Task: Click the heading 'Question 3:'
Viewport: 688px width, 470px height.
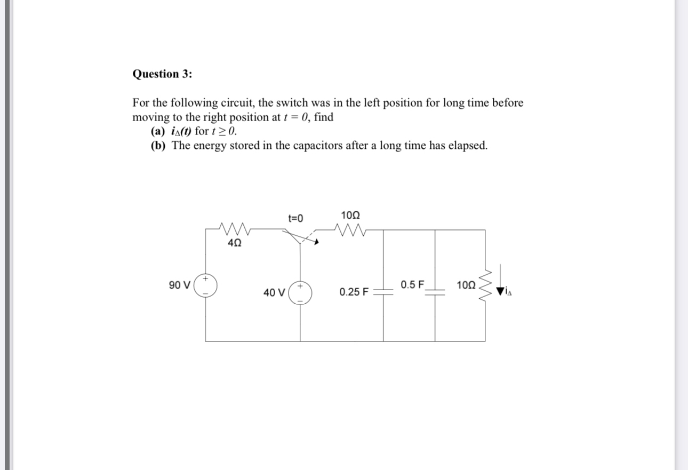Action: coord(162,74)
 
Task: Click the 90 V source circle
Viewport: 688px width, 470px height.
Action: coord(205,286)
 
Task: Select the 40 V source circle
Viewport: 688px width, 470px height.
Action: coord(300,293)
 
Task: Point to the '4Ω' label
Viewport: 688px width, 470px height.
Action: coord(234,243)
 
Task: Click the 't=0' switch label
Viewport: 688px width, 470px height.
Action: coord(295,218)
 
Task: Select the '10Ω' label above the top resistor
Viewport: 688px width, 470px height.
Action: coord(350,216)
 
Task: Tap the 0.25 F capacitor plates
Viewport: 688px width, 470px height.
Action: coord(383,291)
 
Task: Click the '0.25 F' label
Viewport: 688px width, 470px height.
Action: coord(354,292)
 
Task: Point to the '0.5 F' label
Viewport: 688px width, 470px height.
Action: coord(413,284)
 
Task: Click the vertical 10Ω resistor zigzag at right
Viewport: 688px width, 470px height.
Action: coord(485,286)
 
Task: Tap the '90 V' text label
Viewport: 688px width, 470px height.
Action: coord(180,285)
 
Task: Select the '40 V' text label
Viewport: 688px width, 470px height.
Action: coord(275,292)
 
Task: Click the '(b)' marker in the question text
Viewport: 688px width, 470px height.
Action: coord(159,146)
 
